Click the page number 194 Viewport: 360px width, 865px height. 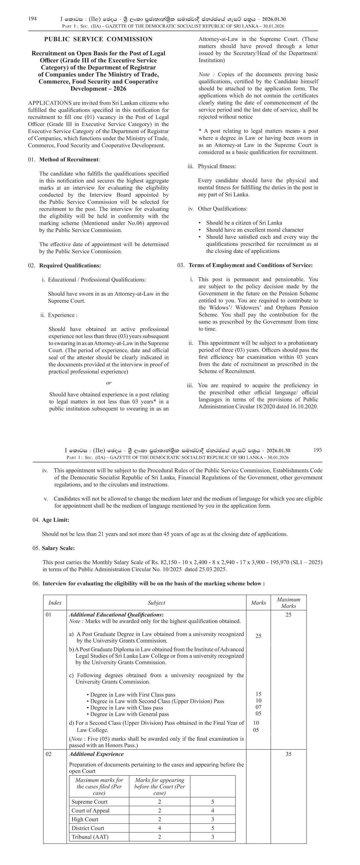pyautogui.click(x=32, y=19)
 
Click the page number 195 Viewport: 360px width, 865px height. pyautogui.click(x=317, y=450)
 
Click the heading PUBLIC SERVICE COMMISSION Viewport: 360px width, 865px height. pyautogui.click(x=98, y=39)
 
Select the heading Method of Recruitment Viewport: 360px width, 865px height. pyautogui.click(x=69, y=160)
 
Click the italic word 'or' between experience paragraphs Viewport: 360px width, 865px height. pyautogui.click(x=108, y=383)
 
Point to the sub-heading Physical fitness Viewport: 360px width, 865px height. pyautogui.click(x=217, y=166)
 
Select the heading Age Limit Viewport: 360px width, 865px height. pyautogui.click(x=55, y=520)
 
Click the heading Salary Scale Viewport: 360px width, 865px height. pyautogui.click(x=58, y=548)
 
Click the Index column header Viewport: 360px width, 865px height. pyautogui.click(x=55, y=603)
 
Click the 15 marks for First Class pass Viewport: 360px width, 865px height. pyautogui.click(x=258, y=694)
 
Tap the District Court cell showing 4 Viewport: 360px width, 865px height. pyautogui.click(x=159, y=828)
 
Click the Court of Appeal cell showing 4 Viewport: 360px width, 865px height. pyautogui.click(x=212, y=811)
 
